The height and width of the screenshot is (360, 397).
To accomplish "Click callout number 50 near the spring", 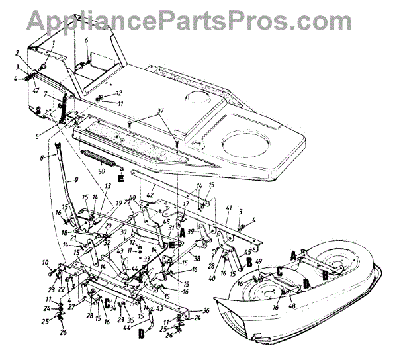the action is tap(101, 171).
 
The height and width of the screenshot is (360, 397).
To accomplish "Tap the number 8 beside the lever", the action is tap(42, 157).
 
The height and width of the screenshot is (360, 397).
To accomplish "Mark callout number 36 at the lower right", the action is tap(205, 310).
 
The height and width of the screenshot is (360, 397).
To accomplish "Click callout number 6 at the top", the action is tap(86, 40).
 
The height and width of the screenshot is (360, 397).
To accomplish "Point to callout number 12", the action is tap(119, 93).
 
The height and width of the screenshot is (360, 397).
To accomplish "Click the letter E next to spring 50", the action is tap(120, 178).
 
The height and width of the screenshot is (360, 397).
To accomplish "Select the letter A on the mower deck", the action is tap(293, 253).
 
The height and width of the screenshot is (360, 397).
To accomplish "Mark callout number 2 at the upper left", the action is tap(18, 52).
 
